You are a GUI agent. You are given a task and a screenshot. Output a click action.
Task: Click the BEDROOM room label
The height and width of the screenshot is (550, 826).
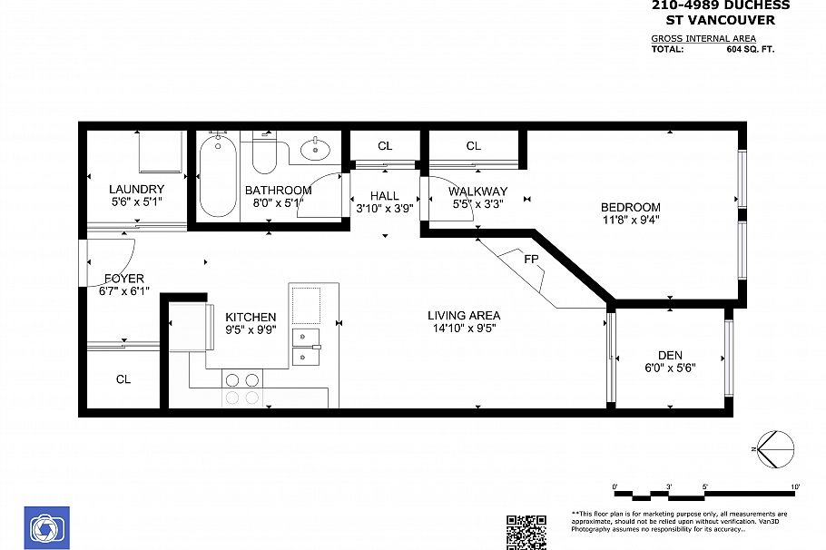pos(630,207)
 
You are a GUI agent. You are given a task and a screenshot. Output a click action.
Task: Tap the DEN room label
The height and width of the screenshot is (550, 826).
pos(670,355)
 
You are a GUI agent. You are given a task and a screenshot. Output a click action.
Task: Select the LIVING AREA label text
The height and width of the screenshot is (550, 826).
pos(464,316)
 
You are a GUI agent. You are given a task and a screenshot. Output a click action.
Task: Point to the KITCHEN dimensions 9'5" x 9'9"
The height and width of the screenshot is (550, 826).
pos(251,330)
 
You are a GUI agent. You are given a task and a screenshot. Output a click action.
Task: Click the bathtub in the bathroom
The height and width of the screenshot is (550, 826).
pos(218,176)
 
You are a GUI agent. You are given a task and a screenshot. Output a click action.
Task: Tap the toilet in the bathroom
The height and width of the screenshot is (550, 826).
pos(264,154)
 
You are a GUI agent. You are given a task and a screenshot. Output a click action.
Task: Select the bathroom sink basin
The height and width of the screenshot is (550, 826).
pos(315,148)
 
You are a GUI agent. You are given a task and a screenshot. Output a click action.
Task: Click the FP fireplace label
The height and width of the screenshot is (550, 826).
pos(531,258)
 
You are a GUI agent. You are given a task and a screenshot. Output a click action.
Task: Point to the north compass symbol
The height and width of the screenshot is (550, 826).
pos(774,447)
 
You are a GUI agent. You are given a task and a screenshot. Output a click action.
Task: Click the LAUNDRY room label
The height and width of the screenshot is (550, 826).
pos(136,190)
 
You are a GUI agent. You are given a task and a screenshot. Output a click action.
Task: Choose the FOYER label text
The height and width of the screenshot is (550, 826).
pos(124,279)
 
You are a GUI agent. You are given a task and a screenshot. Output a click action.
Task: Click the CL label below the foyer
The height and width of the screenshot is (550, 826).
pos(123,379)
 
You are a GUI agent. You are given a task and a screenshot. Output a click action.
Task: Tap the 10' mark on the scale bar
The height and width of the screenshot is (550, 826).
pos(795,487)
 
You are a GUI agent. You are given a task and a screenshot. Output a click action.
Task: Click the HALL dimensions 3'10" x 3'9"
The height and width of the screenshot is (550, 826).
pos(384,208)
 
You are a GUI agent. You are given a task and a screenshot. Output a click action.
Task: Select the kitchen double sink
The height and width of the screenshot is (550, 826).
pos(306,347)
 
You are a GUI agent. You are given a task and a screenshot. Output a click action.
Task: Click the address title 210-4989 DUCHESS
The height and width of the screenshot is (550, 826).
pos(721,5)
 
